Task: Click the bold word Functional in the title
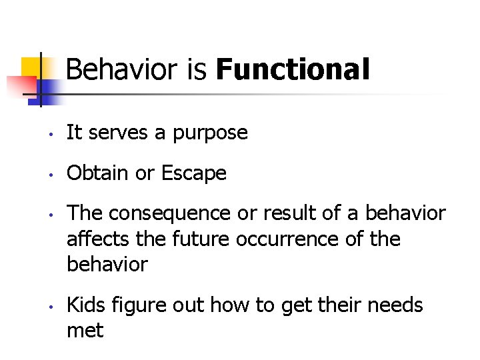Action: (x=293, y=69)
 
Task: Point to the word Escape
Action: (x=193, y=173)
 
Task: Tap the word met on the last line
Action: (x=85, y=330)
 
